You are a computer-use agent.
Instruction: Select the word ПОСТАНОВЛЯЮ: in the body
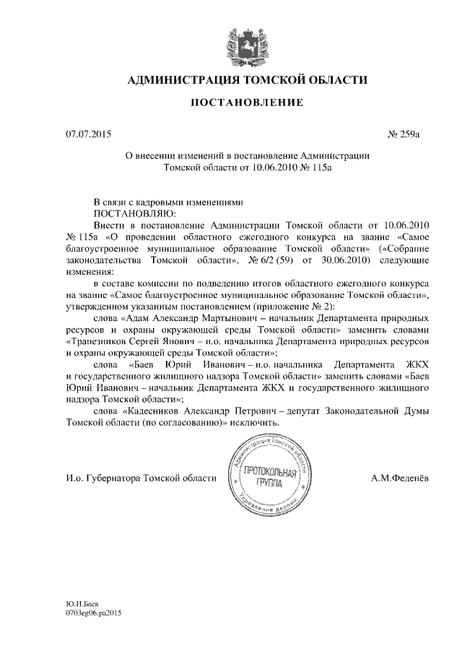tap(134, 214)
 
